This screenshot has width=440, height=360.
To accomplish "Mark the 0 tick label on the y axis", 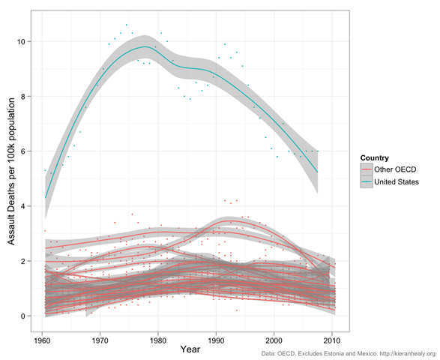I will (22, 316).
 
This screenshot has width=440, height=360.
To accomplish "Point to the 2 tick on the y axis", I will (22, 261).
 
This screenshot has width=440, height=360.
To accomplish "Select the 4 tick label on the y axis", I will (22, 206).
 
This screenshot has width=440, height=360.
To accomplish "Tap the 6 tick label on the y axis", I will (22, 151).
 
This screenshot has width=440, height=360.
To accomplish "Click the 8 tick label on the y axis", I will (22, 97).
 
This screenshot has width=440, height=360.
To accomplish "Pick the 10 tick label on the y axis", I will (20, 42).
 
